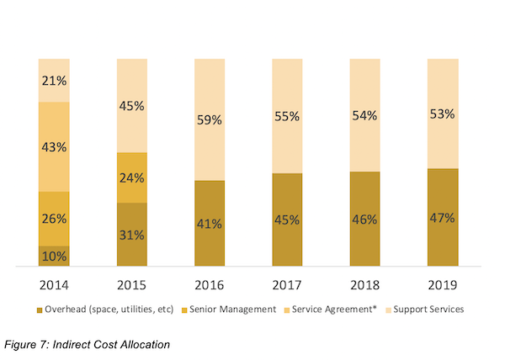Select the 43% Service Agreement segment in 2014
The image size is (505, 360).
pyautogui.click(x=54, y=146)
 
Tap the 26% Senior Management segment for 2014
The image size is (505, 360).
pyautogui.click(x=54, y=219)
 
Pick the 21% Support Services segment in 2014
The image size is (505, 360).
pyautogui.click(x=54, y=81)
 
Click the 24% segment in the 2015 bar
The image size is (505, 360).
pyautogui.click(x=132, y=177)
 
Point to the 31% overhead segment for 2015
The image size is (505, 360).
pyautogui.click(x=132, y=235)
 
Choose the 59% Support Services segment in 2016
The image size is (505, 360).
pyautogui.click(x=210, y=119)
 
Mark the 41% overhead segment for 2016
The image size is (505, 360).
pyautogui.click(x=210, y=224)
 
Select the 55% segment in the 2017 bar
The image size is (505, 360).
pyautogui.click(x=287, y=116)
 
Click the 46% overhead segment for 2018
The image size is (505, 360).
pyautogui.click(x=364, y=220)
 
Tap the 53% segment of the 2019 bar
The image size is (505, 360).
pyautogui.click(x=442, y=114)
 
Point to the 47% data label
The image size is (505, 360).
pyautogui.click(x=442, y=218)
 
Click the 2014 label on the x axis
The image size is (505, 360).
pyautogui.click(x=54, y=285)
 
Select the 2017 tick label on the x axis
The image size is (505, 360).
pyautogui.click(x=287, y=285)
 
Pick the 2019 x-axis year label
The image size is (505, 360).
pyautogui.click(x=442, y=285)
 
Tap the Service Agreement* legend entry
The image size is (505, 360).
pyautogui.click(x=329, y=310)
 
